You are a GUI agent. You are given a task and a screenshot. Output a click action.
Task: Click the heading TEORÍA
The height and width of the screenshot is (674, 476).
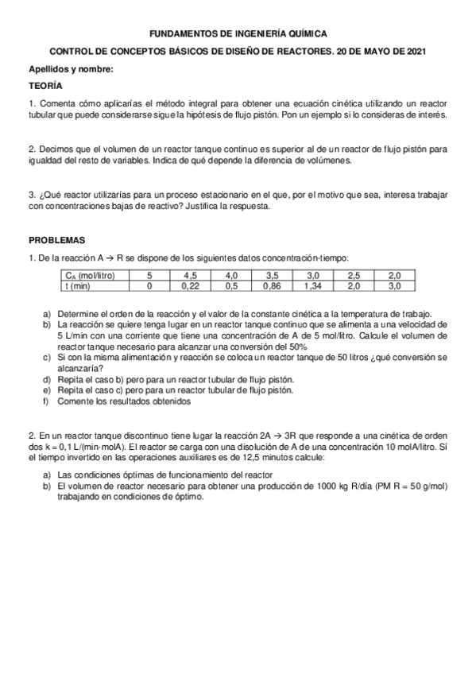(46, 85)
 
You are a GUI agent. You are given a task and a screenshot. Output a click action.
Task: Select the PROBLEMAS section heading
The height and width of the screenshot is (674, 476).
(56, 240)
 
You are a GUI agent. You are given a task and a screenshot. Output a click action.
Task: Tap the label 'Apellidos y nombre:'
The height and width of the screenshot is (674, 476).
(71, 68)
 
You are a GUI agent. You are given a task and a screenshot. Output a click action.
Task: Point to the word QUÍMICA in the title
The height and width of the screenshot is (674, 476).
(303, 34)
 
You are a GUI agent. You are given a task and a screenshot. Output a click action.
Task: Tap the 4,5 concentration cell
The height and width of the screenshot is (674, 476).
(191, 275)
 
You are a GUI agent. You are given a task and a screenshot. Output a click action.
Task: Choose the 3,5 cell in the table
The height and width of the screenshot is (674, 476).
(273, 275)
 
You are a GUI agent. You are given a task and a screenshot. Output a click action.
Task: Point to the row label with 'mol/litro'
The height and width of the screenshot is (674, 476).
(90, 275)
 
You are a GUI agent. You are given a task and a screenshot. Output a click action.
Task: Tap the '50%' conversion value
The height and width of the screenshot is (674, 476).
(296, 347)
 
